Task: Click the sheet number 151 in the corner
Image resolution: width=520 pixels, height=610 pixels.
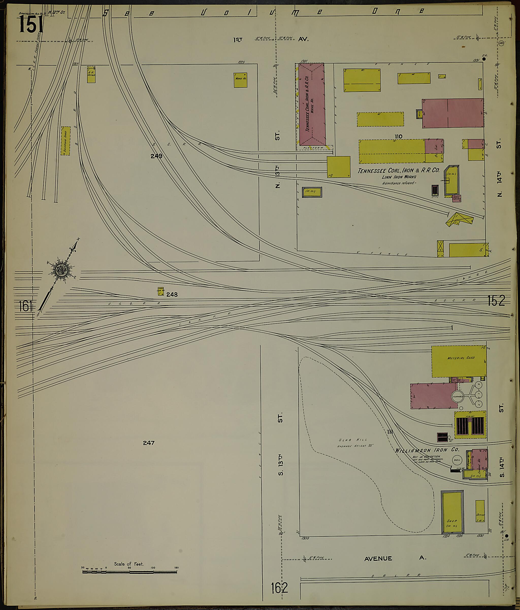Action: tap(31, 24)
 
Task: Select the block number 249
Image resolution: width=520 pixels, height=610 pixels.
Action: tap(156, 156)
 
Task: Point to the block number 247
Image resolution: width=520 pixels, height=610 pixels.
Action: tap(149, 443)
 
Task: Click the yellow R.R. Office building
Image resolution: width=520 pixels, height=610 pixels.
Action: tap(91, 75)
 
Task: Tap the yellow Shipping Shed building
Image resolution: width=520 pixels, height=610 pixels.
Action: tap(66, 141)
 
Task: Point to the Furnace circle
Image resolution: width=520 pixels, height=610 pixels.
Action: tap(458, 397)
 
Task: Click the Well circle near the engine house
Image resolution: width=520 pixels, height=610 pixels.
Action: tap(457, 460)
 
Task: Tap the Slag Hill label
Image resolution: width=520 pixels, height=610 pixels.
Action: tap(349, 440)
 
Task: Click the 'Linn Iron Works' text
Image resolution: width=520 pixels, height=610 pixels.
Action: tap(399, 177)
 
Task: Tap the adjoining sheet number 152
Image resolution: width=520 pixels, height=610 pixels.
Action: tap(496, 301)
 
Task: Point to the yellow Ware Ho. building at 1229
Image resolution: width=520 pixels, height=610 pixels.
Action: tap(240, 80)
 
